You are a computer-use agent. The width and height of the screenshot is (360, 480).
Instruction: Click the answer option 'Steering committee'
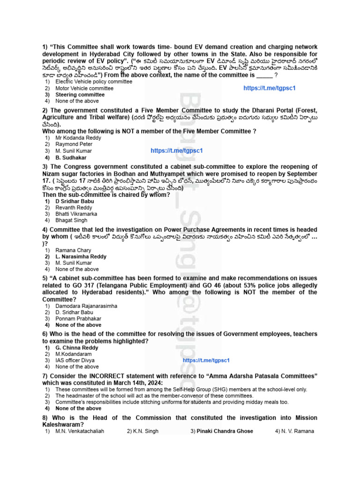click(80, 95)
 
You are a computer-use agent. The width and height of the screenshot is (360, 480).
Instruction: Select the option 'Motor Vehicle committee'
click(84, 88)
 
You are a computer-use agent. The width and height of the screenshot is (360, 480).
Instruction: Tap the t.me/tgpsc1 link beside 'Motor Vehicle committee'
click(270, 88)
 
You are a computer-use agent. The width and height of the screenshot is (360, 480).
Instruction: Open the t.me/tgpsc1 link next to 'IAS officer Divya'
click(206, 360)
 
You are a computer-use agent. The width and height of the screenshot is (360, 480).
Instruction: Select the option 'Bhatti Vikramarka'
click(76, 214)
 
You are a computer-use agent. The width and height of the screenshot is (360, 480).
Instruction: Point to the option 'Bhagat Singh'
click(71, 220)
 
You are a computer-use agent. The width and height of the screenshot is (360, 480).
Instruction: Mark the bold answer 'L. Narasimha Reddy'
click(81, 257)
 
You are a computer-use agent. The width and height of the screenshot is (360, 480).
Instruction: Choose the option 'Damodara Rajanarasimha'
click(86, 306)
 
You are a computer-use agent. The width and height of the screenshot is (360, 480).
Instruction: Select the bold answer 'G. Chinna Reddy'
click(77, 348)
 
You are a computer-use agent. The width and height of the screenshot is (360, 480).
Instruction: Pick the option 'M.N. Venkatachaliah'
click(80, 431)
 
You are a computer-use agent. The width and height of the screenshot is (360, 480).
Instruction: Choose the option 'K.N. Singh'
click(146, 431)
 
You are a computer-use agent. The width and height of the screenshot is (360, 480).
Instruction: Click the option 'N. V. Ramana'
click(297, 431)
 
